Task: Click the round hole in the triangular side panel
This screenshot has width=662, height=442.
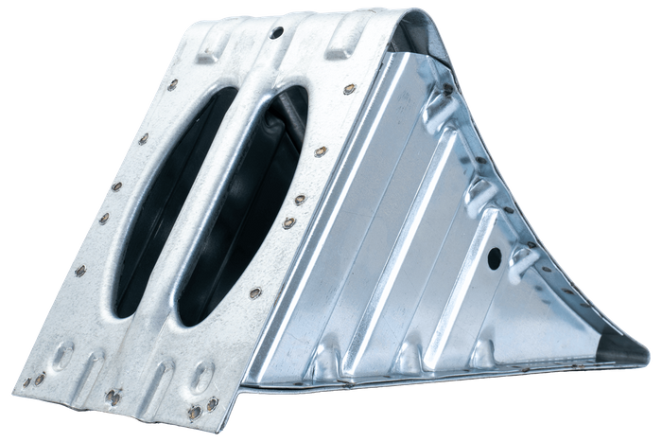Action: click(493, 256)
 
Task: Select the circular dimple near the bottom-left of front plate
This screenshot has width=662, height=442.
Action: click(63, 358)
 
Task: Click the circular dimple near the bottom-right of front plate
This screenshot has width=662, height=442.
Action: click(201, 378)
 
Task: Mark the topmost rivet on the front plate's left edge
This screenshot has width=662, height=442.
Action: click(172, 84)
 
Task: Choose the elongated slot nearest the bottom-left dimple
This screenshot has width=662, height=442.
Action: click(95, 364)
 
